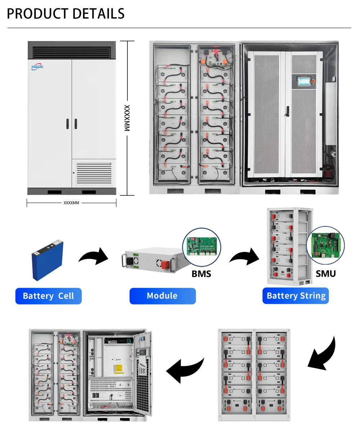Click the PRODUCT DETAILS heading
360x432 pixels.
point(66,14)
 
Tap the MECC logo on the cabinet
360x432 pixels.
point(37,67)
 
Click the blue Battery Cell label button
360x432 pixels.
point(48,296)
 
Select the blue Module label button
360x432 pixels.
point(162,296)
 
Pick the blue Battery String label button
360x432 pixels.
point(296,296)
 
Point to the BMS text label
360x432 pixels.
point(201,274)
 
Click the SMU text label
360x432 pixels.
point(325,274)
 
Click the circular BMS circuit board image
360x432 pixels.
point(202,247)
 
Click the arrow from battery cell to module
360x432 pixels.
point(93,257)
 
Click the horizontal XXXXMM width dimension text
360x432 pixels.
point(71,203)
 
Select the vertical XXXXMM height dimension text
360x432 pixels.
point(127,118)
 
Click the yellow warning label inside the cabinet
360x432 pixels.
point(119,369)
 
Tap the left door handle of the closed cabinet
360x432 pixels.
point(67,124)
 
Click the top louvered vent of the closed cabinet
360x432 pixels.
point(72,53)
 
